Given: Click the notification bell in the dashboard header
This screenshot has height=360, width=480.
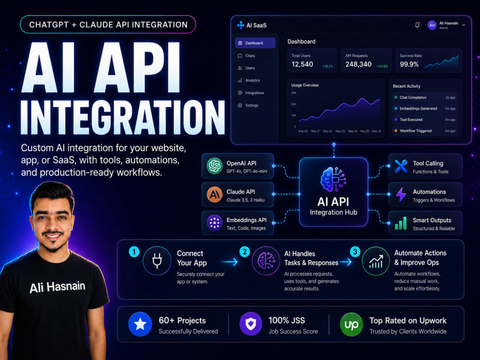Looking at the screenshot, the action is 417,25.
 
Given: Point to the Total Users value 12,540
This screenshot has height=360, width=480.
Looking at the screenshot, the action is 302,64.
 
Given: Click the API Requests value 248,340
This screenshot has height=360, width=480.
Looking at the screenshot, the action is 358,64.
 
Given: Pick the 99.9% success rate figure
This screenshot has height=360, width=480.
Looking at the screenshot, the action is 409,64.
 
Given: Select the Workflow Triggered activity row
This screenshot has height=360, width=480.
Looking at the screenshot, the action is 425,131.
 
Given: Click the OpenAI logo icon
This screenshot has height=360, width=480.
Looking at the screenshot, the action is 215,166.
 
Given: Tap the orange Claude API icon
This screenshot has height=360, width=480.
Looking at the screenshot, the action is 215,194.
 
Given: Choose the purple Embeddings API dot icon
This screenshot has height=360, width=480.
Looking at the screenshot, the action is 215,223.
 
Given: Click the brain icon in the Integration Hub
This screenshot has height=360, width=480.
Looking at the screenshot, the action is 333,180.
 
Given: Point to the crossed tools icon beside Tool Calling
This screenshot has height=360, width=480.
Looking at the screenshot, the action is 401,166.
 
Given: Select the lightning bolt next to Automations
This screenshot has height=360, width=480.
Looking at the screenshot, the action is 401,195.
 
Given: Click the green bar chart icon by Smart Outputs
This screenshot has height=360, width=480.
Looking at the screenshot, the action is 401,223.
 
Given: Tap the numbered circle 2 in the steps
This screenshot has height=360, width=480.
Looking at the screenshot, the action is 245,252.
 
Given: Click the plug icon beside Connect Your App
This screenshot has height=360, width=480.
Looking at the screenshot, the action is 157,261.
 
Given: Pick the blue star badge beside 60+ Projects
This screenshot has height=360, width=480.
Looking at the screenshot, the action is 140,324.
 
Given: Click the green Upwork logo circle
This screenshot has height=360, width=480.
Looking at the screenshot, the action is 351,324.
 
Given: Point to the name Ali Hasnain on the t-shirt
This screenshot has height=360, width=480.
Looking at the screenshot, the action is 57,287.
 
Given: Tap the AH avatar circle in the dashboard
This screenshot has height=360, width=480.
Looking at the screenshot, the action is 432,25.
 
